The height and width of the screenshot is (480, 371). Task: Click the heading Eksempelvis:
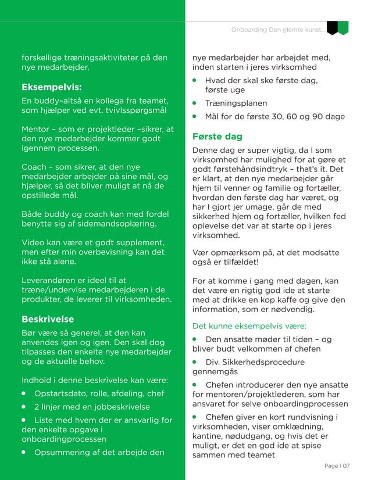tap(51, 87)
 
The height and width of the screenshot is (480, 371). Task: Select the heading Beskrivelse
tap(48, 319)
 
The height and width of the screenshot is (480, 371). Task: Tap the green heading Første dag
tap(217, 137)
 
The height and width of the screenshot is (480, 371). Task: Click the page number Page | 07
tap(337, 465)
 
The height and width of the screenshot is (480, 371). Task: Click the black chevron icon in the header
tap(332, 28)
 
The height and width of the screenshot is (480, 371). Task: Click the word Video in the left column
tap(34, 242)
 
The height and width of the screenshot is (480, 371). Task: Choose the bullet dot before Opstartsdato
tap(25, 393)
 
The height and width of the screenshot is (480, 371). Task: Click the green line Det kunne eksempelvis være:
tap(249, 326)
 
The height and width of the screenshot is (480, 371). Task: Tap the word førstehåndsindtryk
tap(237, 169)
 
